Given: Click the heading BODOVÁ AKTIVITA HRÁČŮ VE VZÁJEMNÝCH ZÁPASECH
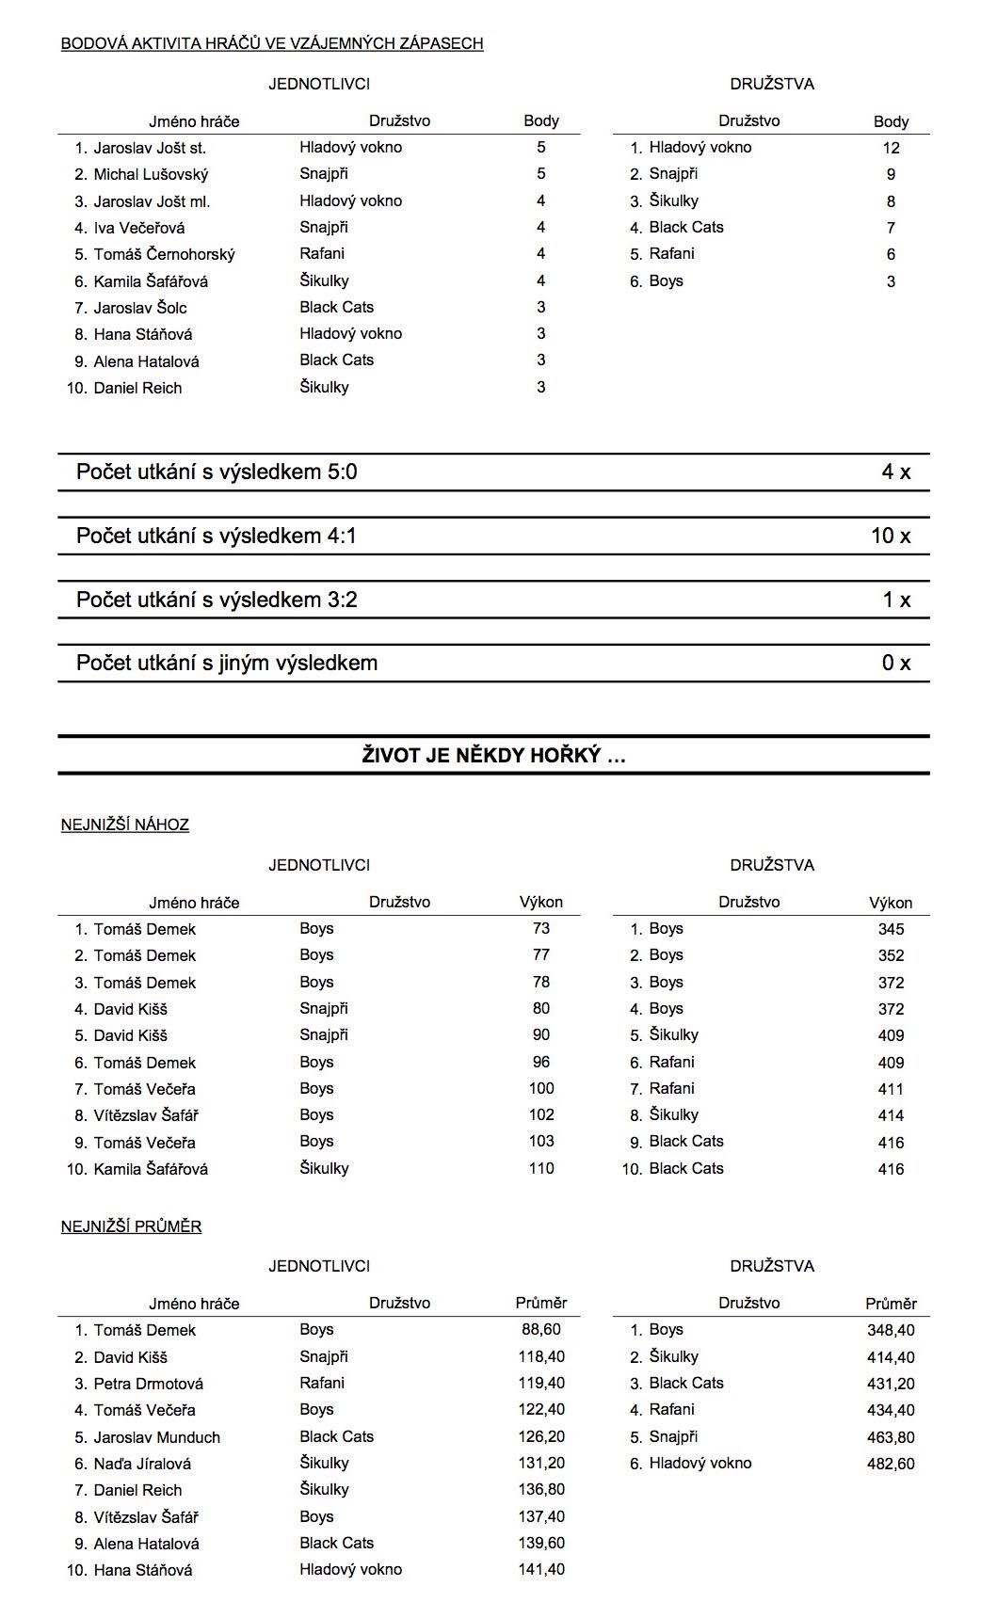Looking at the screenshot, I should (272, 43).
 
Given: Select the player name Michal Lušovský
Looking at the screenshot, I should (151, 174).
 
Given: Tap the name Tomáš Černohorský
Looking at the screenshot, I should (164, 254).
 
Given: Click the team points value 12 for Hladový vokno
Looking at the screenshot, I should (891, 148).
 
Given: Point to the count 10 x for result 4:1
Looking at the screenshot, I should (891, 536).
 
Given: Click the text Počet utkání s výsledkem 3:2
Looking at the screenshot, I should (217, 600).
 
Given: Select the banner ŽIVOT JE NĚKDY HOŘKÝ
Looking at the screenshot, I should (493, 755).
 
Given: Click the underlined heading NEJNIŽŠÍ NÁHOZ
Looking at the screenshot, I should (125, 825).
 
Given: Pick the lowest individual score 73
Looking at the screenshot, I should (540, 928).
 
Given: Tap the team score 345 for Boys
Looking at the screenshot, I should (891, 929).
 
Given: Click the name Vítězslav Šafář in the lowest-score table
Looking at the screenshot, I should (146, 1115).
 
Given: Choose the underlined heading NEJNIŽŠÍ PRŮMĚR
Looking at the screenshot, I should (131, 1226).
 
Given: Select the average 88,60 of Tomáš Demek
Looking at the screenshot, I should (540, 1329).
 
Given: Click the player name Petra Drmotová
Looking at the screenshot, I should (148, 1384).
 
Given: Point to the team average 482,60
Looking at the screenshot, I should (891, 1464).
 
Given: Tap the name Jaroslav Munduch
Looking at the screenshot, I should (156, 1437).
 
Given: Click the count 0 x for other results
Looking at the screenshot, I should (895, 663).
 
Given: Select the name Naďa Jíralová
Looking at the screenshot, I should (142, 1464).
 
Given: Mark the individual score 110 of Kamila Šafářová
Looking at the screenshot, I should (540, 1168).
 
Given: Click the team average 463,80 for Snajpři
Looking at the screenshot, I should (891, 1437).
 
